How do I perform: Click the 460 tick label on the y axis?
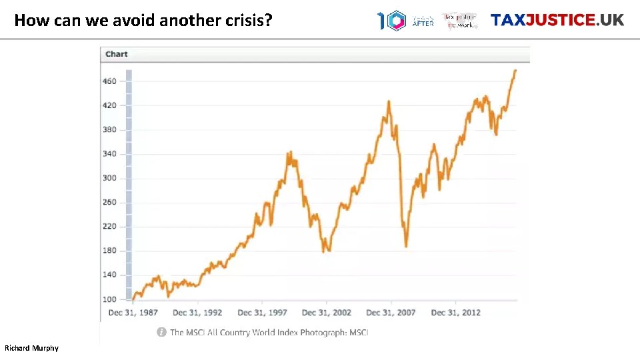tap(109, 81)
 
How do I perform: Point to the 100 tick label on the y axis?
tap(109, 299)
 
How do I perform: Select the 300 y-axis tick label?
tap(109, 178)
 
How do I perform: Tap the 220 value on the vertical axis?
tap(109, 227)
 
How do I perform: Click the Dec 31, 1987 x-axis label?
tap(133, 313)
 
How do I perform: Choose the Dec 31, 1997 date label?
tap(262, 313)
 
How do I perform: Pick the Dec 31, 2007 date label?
tap(391, 313)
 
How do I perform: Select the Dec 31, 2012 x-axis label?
tap(456, 313)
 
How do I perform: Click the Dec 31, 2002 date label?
tap(327, 313)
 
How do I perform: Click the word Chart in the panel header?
tap(117, 54)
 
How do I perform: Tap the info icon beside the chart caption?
tap(161, 332)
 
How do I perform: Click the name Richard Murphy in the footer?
tap(31, 348)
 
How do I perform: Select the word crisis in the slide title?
tap(250, 20)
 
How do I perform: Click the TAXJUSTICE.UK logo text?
tap(557, 20)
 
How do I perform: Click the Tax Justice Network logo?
tap(461, 21)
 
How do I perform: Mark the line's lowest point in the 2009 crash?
tap(405, 246)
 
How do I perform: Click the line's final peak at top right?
tap(515, 71)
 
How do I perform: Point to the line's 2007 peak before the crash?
tap(389, 102)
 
